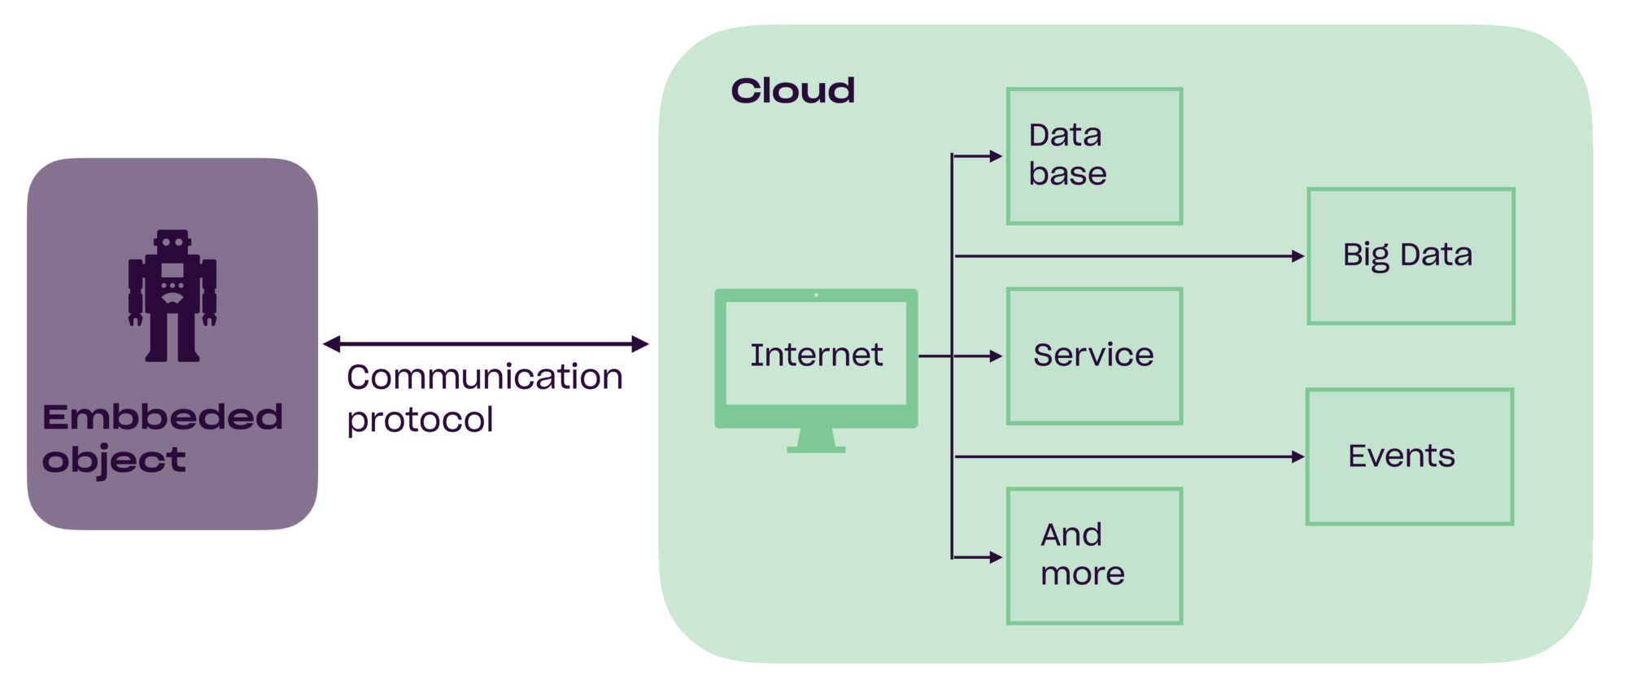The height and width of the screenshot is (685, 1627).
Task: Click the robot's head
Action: [x=172, y=242]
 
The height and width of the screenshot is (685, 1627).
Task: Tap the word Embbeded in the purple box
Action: [x=163, y=417]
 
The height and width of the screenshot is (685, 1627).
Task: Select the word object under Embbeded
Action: [x=114, y=460]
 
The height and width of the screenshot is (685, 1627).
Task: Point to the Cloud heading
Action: [x=792, y=90]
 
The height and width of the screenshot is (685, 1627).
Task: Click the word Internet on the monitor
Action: [x=816, y=355]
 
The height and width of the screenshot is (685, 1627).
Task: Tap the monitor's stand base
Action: [x=816, y=448]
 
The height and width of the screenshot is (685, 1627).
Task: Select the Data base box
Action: [x=1094, y=156]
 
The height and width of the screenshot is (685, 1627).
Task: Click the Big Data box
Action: [x=1411, y=256]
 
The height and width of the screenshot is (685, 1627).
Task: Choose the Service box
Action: [x=1094, y=356]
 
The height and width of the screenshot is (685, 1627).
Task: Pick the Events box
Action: [x=1409, y=456]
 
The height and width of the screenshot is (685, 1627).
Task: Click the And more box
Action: [x=1094, y=556]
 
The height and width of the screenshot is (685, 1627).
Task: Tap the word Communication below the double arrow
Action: [x=485, y=377]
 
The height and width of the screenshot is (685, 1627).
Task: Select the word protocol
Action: [x=420, y=420]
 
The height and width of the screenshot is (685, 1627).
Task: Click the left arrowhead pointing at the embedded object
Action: [x=331, y=343]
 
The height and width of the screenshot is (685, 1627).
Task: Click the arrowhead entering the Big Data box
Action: [x=1298, y=256]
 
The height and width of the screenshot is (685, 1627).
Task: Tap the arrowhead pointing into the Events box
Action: [x=1298, y=457]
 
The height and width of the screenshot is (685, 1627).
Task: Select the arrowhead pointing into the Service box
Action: [x=996, y=356]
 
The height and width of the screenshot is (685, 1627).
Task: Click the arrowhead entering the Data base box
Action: [x=996, y=155]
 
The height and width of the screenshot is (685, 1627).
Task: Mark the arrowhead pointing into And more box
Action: [x=996, y=557]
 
